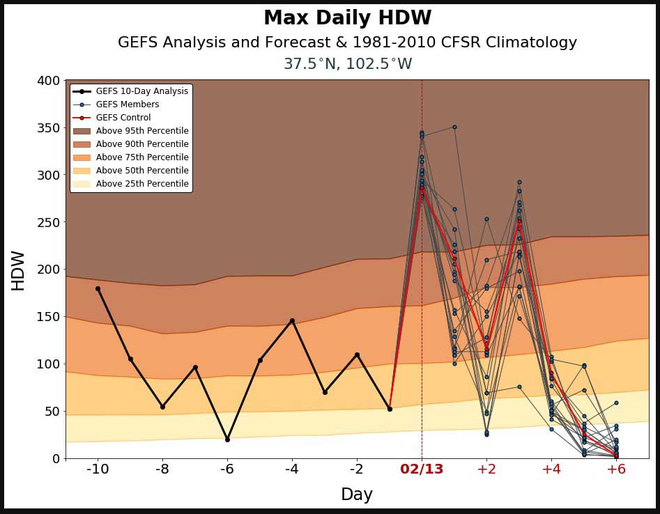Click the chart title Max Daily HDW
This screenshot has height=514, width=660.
(347, 18)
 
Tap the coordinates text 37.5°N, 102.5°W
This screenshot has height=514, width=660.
(347, 64)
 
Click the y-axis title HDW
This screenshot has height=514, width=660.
(18, 270)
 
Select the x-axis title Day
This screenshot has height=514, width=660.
(356, 494)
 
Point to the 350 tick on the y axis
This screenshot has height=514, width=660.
(47, 128)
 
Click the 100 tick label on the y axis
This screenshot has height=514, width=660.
(47, 364)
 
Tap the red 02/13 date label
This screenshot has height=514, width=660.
(422, 469)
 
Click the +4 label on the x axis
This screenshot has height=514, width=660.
(551, 469)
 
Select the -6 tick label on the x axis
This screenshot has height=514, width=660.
(227, 469)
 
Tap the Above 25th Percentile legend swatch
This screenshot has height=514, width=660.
(82, 184)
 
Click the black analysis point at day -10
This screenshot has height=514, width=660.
(98, 288)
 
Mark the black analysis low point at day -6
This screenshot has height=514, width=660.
(227, 439)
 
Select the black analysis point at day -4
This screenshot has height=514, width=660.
(292, 320)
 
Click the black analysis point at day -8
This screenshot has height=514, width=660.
(162, 407)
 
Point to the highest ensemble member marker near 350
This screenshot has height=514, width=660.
(454, 127)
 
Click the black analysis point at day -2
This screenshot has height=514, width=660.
(357, 355)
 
